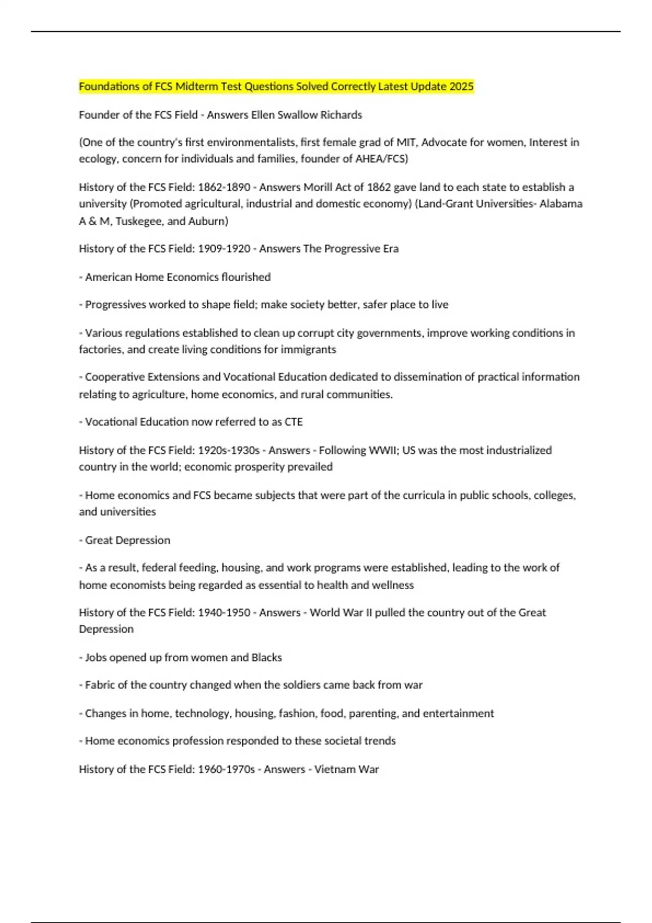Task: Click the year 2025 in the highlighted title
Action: coord(461,86)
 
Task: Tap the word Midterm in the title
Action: coord(199,86)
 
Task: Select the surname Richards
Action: coord(340,115)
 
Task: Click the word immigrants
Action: coord(308,349)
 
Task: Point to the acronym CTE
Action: coord(293,422)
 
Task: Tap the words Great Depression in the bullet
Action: coord(128,540)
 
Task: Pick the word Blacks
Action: coord(266,658)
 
